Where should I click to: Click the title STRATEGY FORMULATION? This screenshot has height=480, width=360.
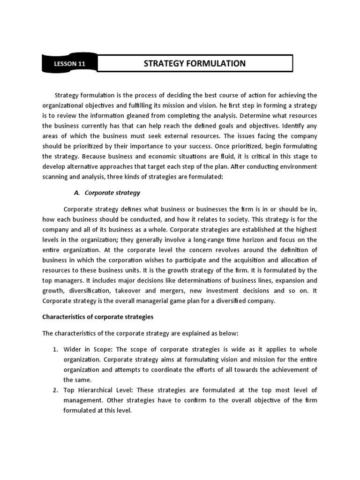click(195, 63)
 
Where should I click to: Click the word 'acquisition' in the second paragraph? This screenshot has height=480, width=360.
click(254, 260)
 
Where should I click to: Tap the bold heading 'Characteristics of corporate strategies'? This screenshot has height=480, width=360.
click(98, 317)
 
